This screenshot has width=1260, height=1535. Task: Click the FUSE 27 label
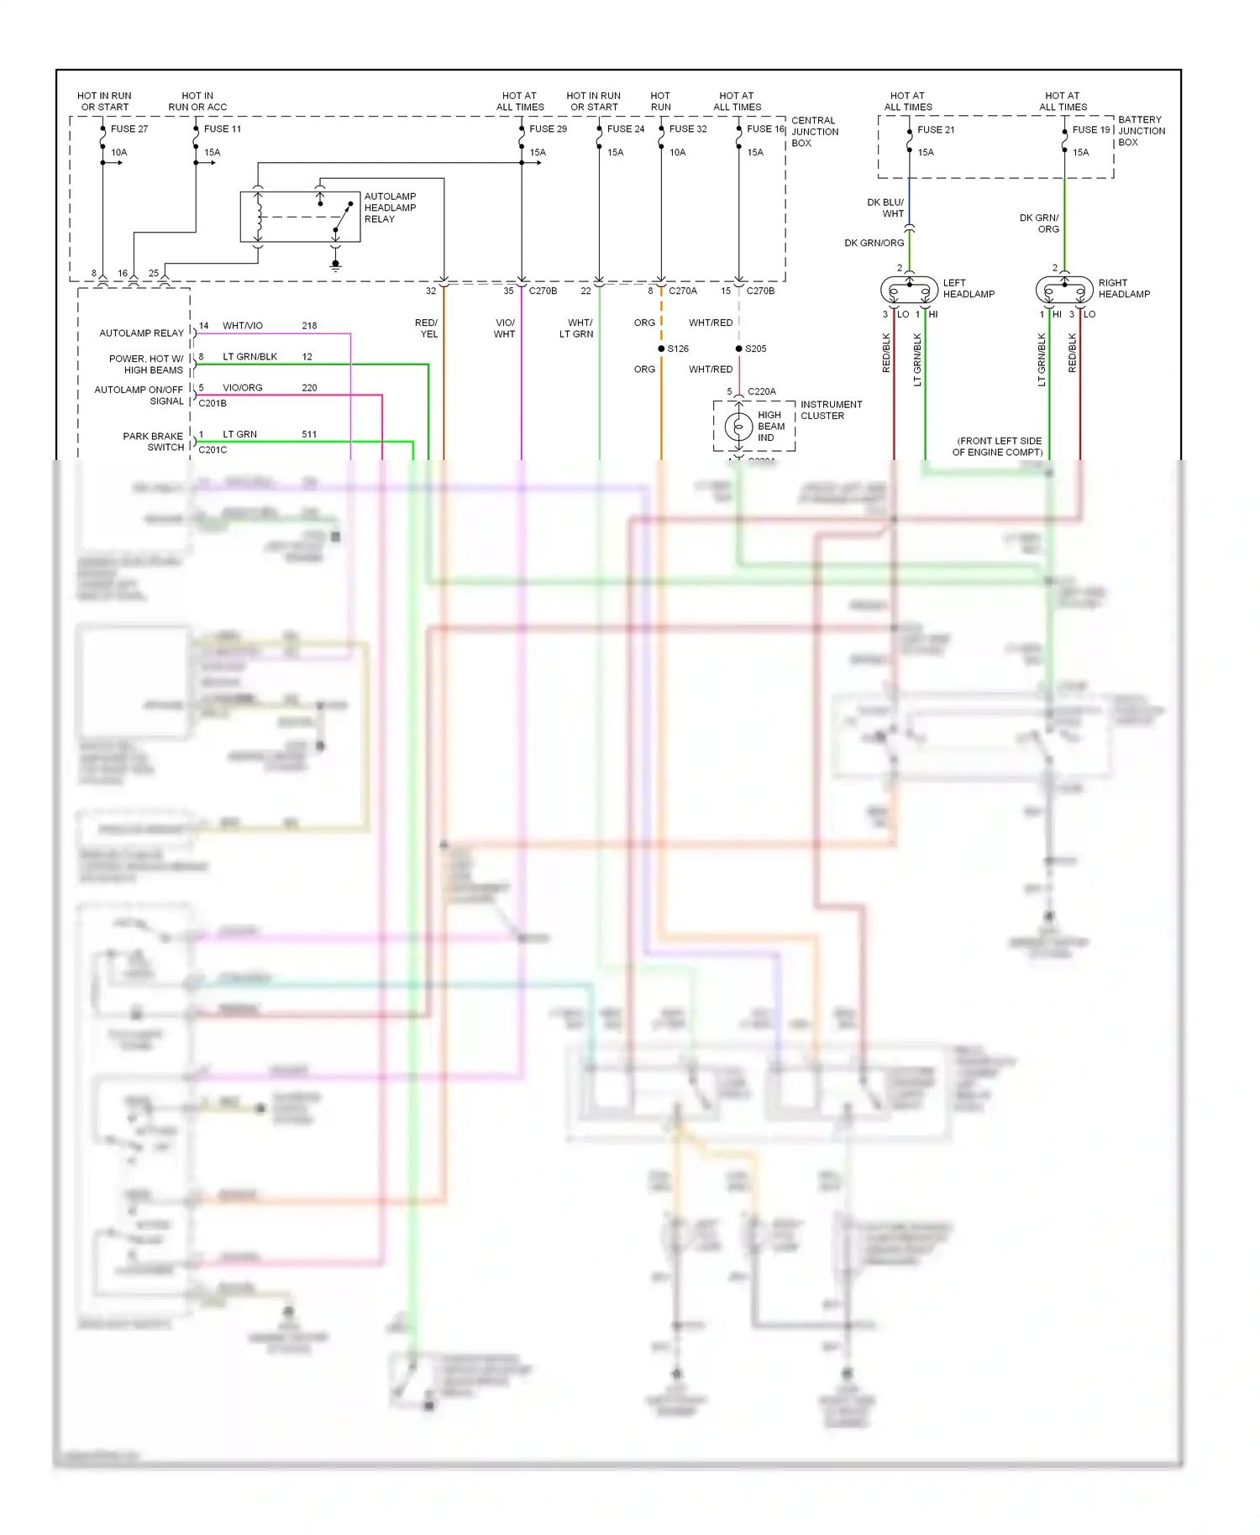pos(129,129)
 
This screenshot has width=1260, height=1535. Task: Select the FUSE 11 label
pos(223,129)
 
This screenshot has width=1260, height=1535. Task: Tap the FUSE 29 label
pos(548,129)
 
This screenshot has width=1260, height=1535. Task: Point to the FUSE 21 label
pos(936,130)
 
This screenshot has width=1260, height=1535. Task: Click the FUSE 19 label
pos(1091,130)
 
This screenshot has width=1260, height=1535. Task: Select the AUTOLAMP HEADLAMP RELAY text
pos(390,207)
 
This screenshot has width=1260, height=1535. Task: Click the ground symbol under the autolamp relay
pos(335,265)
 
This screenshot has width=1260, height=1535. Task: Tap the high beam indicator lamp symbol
pos(738,427)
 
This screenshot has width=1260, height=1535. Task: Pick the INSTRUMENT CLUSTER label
pos(831,410)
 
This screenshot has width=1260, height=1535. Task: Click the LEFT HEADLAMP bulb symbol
pos(909,291)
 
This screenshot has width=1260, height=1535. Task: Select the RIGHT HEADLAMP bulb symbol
pos(1064,291)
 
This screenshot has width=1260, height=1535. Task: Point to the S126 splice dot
pos(661,348)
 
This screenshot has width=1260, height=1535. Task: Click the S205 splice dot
pos(738,348)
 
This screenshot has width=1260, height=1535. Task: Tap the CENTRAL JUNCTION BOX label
pos(814,132)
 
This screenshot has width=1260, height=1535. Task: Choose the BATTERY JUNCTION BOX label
pos(1141,131)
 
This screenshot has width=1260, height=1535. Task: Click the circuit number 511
pos(309,434)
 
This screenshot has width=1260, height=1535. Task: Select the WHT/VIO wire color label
pos(243,326)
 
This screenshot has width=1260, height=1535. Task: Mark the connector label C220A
pos(761,391)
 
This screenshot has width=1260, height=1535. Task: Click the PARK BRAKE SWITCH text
pos(153,442)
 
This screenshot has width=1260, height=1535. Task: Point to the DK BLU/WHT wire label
pos(885,208)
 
